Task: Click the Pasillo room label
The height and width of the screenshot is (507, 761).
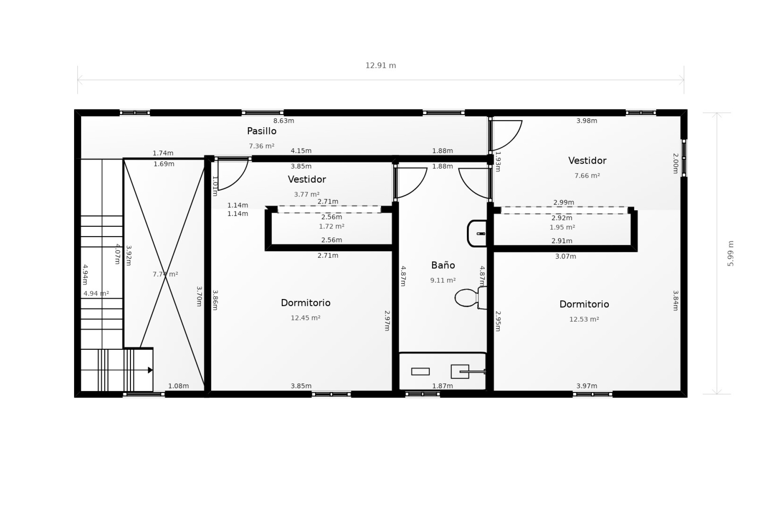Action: click(x=262, y=131)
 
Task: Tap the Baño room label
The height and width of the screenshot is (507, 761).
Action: click(x=443, y=265)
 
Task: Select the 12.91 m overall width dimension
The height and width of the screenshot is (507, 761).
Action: click(x=380, y=65)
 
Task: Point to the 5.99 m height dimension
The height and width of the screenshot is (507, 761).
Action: click(x=730, y=253)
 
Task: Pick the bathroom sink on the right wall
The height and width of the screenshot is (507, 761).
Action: click(x=477, y=233)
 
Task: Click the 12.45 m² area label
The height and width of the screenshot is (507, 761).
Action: click(x=306, y=318)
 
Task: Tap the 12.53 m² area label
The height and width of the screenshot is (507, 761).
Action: click(x=584, y=319)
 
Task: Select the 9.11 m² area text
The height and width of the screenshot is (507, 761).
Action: click(x=443, y=280)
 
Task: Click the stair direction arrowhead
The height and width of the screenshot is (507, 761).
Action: click(x=151, y=370)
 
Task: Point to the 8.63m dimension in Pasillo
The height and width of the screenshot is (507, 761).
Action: click(x=284, y=121)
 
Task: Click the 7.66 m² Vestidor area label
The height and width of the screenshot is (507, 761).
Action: click(x=587, y=175)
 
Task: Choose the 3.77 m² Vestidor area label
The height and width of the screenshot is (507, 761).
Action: click(x=307, y=194)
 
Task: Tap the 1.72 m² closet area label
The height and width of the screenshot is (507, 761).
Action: click(x=332, y=227)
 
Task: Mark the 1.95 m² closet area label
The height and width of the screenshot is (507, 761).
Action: click(x=562, y=227)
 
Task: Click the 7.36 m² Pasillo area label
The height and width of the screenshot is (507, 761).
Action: click(x=262, y=146)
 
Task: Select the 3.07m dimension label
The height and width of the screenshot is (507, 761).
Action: click(x=566, y=256)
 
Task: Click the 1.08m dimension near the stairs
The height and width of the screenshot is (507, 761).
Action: click(x=178, y=386)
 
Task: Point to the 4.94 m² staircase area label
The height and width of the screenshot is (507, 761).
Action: click(x=96, y=294)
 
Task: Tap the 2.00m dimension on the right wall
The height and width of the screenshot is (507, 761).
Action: click(x=676, y=163)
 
